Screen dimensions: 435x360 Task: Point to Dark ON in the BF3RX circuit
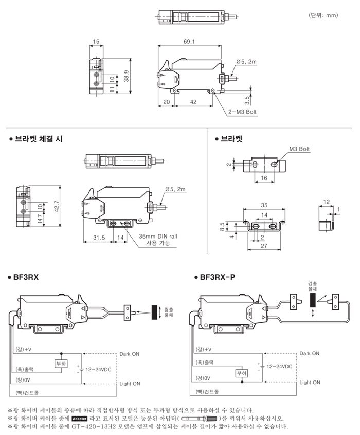coord(130,354)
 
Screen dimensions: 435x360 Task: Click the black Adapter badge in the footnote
coord(80,418)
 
